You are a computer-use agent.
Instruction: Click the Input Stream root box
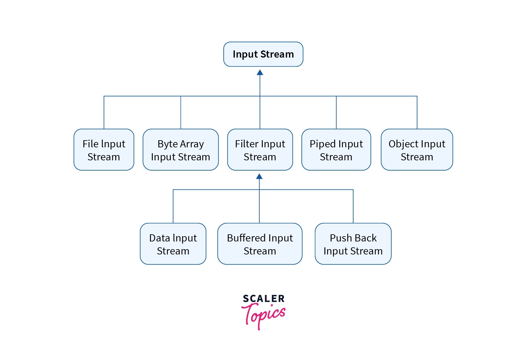pyautogui.click(x=263, y=54)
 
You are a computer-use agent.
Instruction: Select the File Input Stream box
pyautogui.click(x=104, y=150)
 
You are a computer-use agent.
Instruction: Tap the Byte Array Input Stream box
pyautogui.click(x=181, y=150)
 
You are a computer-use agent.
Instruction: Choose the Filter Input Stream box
pyautogui.click(x=260, y=150)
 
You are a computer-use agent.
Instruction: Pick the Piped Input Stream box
pyautogui.click(x=336, y=150)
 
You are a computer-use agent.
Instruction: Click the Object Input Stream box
pyautogui.click(x=417, y=150)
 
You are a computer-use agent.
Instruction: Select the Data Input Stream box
pyautogui.click(x=173, y=244)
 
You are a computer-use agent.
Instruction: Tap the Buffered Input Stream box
pyautogui.click(x=260, y=244)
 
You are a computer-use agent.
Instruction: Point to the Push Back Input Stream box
pyautogui.click(x=353, y=244)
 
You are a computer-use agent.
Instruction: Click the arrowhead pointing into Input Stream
pyautogui.click(x=260, y=72)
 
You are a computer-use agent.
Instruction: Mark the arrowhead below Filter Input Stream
pyautogui.click(x=259, y=176)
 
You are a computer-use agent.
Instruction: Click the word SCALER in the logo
pyautogui.click(x=263, y=299)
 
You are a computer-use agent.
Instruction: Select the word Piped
pyautogui.click(x=322, y=144)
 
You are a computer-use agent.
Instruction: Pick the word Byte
pyautogui.click(x=168, y=144)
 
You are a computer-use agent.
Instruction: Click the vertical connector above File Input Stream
pyautogui.click(x=104, y=113)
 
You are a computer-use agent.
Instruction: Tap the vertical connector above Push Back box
pyautogui.click(x=353, y=206)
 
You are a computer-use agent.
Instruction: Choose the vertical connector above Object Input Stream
pyautogui.click(x=417, y=113)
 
